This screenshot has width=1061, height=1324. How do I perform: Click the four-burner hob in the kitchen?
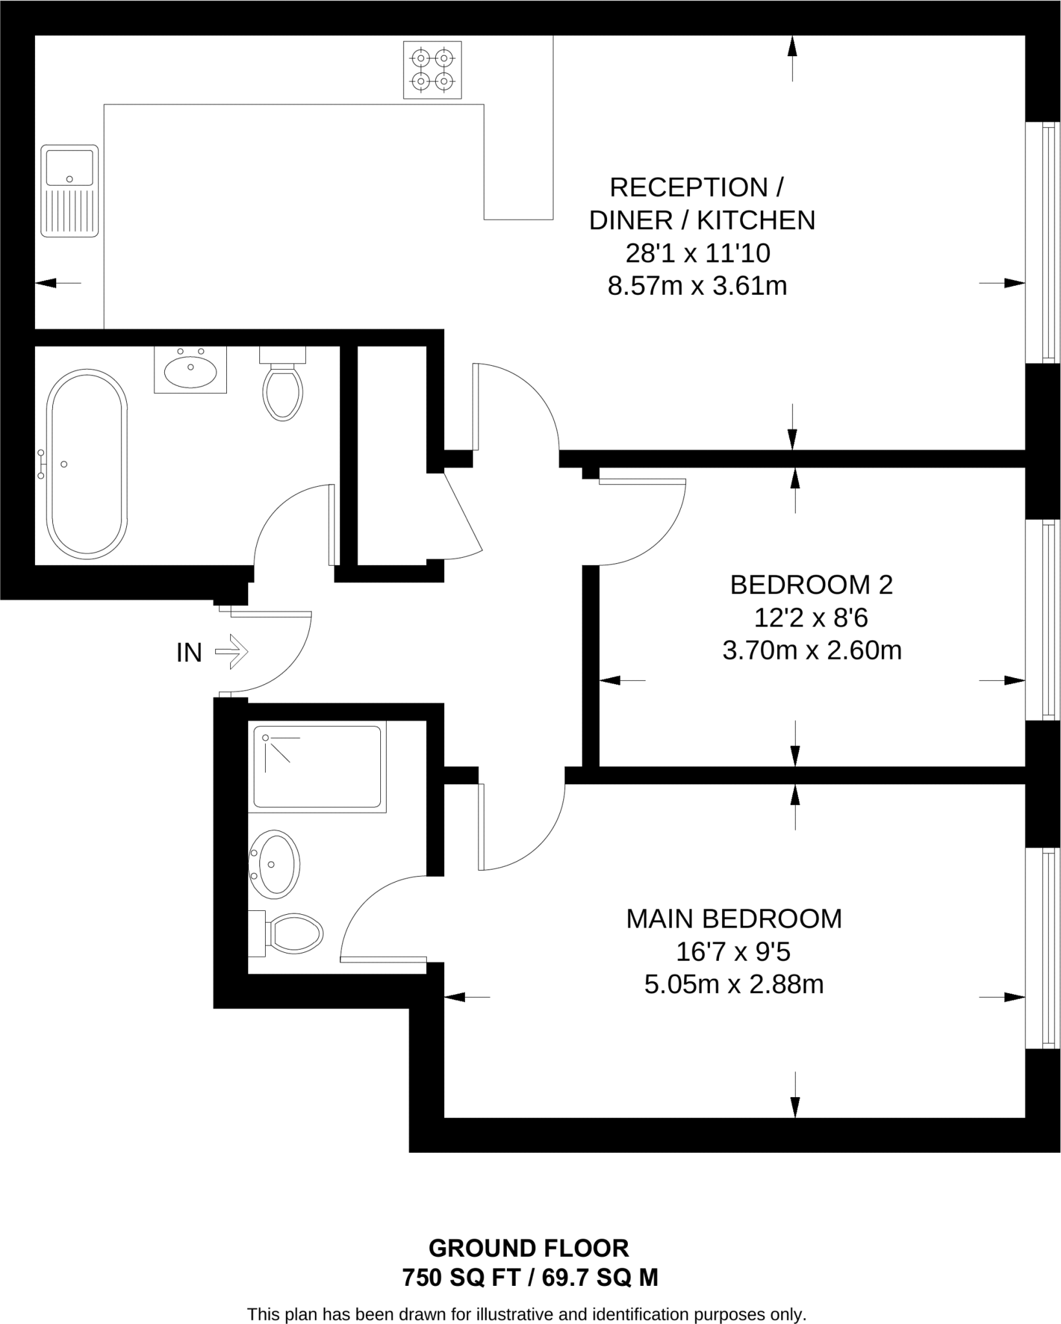[432, 70]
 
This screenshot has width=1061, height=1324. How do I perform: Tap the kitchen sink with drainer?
[70, 191]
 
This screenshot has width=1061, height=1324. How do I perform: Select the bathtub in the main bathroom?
[87, 464]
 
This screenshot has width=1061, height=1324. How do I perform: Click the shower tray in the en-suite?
[317, 767]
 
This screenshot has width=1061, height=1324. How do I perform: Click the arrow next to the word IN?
[231, 652]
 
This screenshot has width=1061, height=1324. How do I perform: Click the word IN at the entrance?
[189, 653]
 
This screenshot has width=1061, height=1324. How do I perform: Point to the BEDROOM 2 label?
[811, 585]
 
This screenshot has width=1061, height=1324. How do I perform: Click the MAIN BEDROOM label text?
[734, 919]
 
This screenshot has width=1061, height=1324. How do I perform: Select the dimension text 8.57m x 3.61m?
[697, 286]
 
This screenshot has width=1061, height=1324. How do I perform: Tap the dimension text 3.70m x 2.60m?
[811, 650]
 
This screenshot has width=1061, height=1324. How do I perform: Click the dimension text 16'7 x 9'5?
[734, 952]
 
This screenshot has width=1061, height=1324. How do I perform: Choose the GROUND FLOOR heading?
[528, 1248]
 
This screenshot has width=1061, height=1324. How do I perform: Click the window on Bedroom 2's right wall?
[1042, 619]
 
